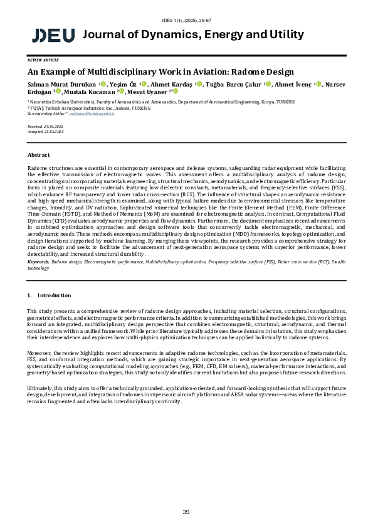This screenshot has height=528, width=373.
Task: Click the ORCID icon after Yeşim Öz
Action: (144, 83)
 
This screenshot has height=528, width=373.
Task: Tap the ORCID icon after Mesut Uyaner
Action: (176, 91)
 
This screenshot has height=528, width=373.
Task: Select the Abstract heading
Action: (38, 154)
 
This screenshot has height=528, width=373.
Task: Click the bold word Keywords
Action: (39, 261)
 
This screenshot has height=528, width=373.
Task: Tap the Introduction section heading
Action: (54, 295)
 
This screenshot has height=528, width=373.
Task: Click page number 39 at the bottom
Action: (186, 512)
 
